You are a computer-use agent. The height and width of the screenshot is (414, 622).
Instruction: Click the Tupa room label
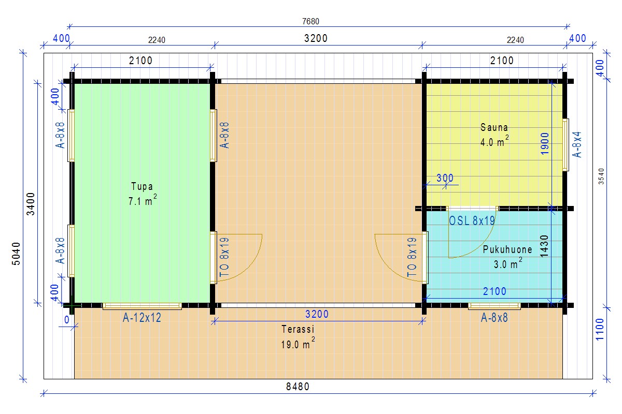click(x=142, y=186)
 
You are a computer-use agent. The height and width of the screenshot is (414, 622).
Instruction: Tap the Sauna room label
click(x=494, y=127)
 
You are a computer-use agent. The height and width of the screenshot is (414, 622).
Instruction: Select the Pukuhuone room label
click(x=507, y=249)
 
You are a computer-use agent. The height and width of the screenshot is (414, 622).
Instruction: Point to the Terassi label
click(x=298, y=330)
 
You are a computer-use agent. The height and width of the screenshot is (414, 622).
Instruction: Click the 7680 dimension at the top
click(x=310, y=21)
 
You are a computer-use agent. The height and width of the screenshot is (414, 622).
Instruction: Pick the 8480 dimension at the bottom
click(x=298, y=387)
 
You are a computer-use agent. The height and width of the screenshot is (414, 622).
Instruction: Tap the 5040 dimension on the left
click(x=17, y=254)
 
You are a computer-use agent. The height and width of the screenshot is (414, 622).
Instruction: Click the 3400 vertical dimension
click(x=31, y=204)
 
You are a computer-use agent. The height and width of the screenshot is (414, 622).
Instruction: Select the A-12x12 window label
click(x=142, y=318)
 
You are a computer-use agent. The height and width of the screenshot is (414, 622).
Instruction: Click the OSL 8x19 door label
click(x=472, y=221)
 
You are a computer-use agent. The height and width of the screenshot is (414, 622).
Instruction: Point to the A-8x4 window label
click(x=577, y=144)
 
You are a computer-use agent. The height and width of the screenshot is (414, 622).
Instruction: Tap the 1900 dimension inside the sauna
click(x=545, y=143)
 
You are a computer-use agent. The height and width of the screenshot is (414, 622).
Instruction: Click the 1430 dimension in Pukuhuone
click(x=544, y=246)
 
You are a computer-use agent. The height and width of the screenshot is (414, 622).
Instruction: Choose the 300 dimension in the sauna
click(x=445, y=178)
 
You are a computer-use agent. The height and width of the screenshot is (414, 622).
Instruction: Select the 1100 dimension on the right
click(x=600, y=329)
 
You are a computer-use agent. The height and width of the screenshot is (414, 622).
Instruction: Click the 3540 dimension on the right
click(x=601, y=176)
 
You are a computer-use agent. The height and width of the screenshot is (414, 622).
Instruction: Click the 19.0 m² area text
click(x=298, y=343)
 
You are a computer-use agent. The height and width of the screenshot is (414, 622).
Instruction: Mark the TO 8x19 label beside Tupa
click(x=224, y=257)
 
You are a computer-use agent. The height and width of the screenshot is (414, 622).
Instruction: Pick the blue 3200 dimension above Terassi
click(x=317, y=314)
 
